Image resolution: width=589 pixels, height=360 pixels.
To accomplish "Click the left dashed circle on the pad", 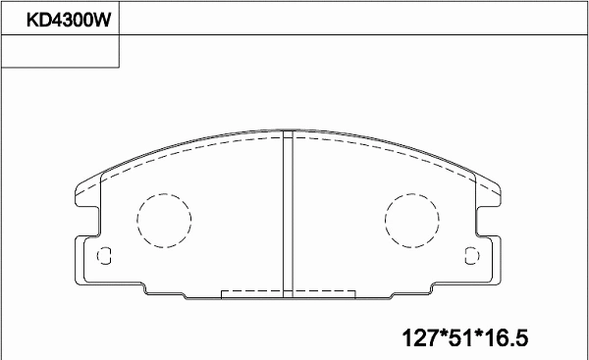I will coord(162,221).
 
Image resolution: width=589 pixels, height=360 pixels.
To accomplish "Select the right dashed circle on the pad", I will coord(411,221).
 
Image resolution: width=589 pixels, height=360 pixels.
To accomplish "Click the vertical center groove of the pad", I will coord(289,216).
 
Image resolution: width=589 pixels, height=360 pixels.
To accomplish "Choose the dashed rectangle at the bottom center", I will coord(288,293).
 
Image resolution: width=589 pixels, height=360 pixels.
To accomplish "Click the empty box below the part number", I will coord(60,52).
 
